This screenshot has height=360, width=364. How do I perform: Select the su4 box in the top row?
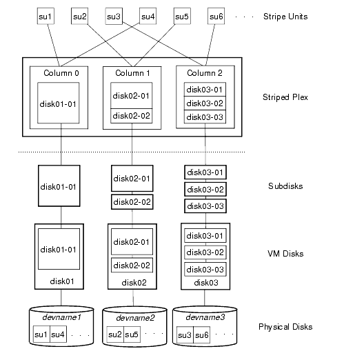(148, 16)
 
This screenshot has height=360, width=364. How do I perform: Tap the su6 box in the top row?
(216, 16)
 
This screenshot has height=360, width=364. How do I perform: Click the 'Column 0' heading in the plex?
(61, 72)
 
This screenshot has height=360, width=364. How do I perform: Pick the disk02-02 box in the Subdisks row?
(131, 202)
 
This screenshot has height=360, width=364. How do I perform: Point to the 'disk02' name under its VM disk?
(132, 282)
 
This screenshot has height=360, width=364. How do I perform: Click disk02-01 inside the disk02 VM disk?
(131, 242)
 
